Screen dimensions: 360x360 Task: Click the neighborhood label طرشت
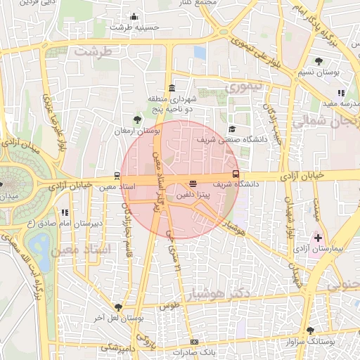94,53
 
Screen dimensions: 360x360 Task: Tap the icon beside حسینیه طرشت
134,17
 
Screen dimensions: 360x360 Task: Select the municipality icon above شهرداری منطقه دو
172,88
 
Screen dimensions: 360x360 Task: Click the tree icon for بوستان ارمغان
136,120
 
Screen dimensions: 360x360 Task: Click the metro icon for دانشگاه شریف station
236,174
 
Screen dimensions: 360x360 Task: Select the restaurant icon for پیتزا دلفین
193,184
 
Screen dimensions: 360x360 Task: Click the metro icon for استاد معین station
116,176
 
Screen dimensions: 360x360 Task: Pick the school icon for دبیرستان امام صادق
65,212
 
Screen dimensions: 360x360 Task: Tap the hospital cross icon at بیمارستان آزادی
319,238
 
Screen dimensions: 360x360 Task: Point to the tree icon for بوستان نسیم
320,61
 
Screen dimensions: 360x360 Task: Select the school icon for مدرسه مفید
341,93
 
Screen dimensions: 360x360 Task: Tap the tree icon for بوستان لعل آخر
118,307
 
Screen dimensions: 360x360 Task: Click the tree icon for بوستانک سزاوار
310,330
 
